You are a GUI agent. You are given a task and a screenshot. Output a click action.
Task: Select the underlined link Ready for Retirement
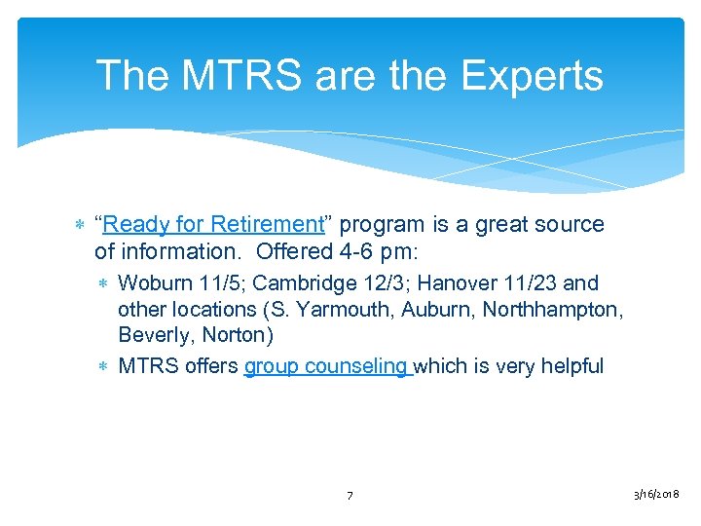(212, 224)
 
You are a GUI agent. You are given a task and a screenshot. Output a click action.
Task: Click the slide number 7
(350, 497)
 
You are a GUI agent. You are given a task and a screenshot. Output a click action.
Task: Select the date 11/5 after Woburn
(217, 283)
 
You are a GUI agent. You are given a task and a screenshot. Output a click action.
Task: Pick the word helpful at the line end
(571, 366)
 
